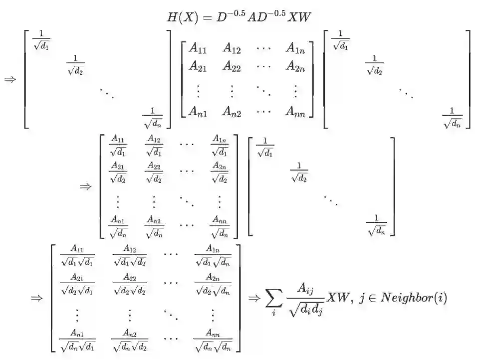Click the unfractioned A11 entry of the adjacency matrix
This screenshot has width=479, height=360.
tap(198, 48)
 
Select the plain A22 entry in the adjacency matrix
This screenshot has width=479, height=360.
tap(232, 66)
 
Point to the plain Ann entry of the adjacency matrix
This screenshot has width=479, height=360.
tap(296, 112)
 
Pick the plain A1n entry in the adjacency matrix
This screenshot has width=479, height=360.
tap(296, 48)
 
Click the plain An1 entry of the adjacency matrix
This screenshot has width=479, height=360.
tap(198, 112)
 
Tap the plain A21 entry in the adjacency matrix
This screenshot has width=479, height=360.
tap(198, 66)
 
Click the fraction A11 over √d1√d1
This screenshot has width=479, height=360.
tap(77, 255)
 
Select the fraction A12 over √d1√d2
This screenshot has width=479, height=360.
tap(130, 255)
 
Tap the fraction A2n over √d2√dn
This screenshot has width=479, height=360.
tap(213, 284)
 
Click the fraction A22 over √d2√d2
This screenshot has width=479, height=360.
tap(130, 284)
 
